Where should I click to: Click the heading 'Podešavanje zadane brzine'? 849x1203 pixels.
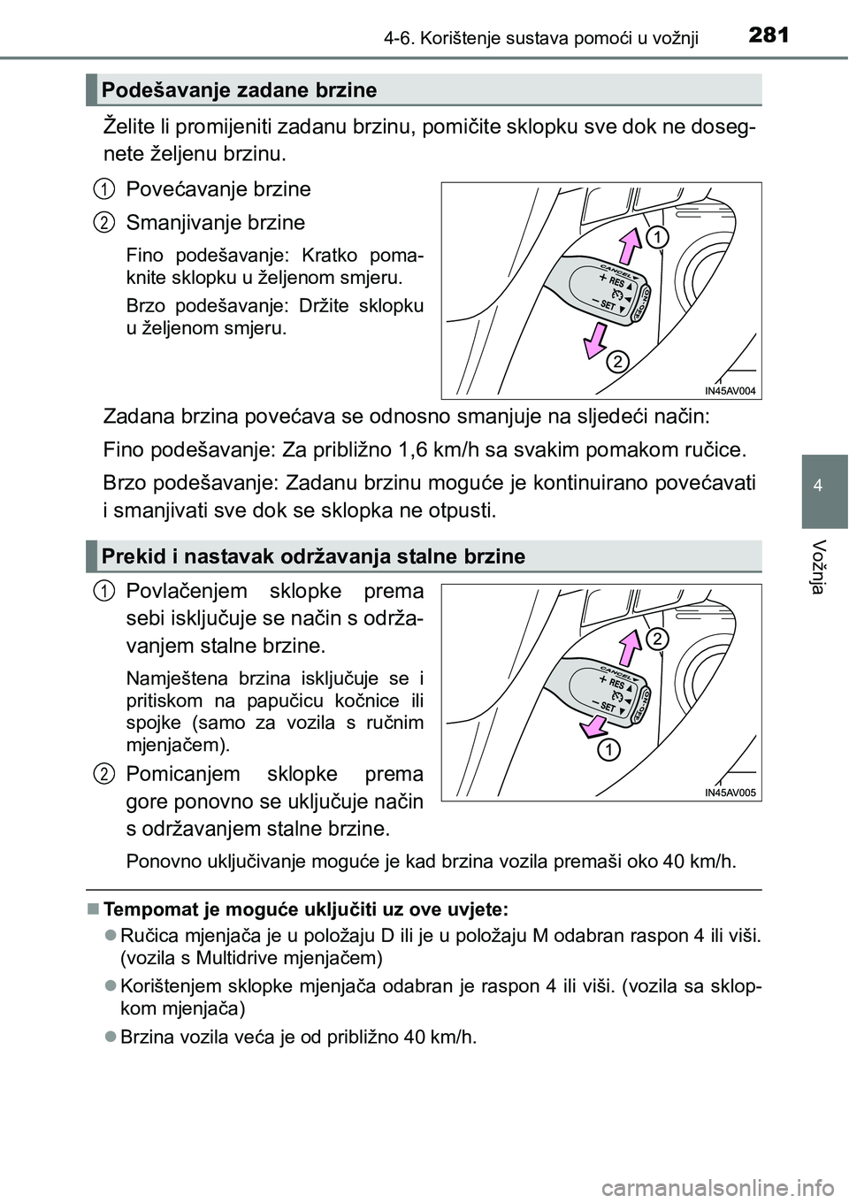(239, 90)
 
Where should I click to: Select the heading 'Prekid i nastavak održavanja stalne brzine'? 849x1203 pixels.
(313, 556)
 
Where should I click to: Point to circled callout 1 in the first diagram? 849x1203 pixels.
(656, 235)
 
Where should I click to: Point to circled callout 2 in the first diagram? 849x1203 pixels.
(617, 362)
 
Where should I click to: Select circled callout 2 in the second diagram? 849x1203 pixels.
(656, 639)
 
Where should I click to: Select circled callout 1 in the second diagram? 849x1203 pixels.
(607, 751)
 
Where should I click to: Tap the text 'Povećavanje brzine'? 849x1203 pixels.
(218, 189)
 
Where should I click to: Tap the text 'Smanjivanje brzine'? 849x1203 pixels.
(216, 222)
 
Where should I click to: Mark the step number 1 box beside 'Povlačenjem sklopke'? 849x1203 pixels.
(104, 590)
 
